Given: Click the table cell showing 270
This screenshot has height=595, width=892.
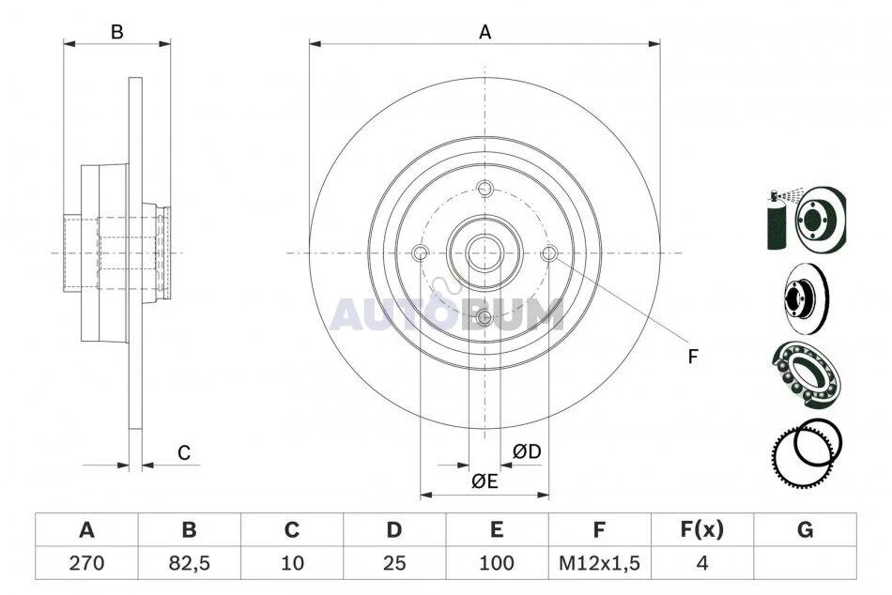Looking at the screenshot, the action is pyautogui.click(x=86, y=562).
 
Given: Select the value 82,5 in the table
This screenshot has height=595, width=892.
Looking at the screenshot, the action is pyautogui.click(x=189, y=562).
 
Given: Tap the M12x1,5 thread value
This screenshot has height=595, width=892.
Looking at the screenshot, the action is pyautogui.click(x=599, y=563).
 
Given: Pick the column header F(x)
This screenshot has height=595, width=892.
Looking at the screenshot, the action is pyautogui.click(x=702, y=529).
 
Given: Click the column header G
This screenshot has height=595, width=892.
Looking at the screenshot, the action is pyautogui.click(x=805, y=529).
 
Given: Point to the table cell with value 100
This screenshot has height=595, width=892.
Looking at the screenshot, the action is pyautogui.click(x=497, y=562).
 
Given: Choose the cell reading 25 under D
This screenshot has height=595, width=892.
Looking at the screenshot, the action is pyautogui.click(x=393, y=562).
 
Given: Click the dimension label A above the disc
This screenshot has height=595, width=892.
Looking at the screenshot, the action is pyautogui.click(x=484, y=33).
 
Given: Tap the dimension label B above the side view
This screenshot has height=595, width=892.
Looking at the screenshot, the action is pyautogui.click(x=116, y=33).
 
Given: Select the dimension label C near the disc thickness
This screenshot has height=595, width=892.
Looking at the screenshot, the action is pyautogui.click(x=184, y=453).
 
